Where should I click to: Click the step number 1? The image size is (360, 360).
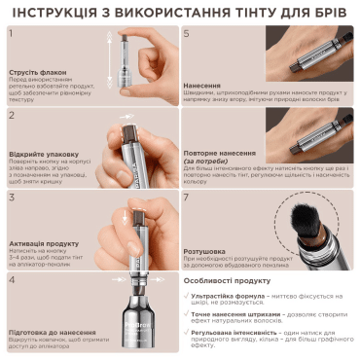pos(13,34)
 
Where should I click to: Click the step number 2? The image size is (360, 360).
pos(13,115)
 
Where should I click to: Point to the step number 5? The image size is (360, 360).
pos(187,34)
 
